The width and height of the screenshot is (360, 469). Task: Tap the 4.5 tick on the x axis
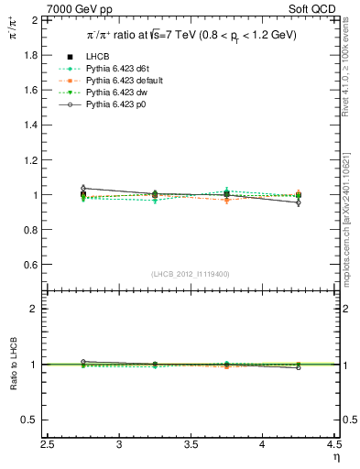coord(335,445)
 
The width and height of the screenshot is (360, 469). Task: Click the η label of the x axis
coord(336,457)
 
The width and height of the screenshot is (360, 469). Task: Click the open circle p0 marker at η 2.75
coord(83,188)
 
